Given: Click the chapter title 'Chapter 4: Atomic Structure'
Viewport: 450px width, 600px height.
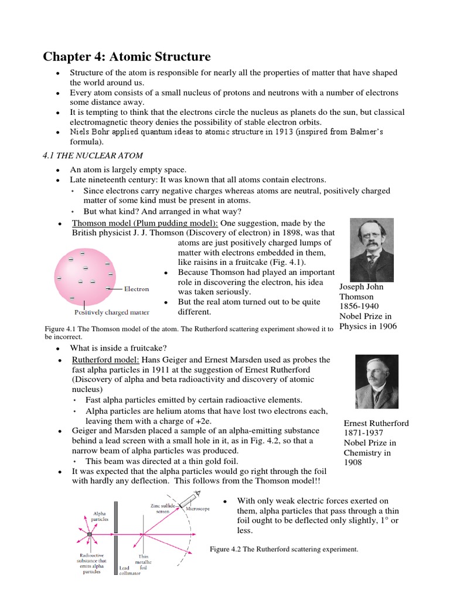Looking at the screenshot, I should click(127, 57).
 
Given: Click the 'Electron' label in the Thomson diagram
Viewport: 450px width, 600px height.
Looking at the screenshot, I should click(136, 289).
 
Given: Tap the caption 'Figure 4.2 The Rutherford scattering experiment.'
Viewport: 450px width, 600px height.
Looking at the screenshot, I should click(284, 549).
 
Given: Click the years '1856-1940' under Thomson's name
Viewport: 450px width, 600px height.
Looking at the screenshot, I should click(359, 306).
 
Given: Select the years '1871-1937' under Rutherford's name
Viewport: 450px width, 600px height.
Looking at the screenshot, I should click(363, 433).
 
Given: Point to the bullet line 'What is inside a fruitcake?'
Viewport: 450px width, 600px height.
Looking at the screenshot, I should click(119, 349).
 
